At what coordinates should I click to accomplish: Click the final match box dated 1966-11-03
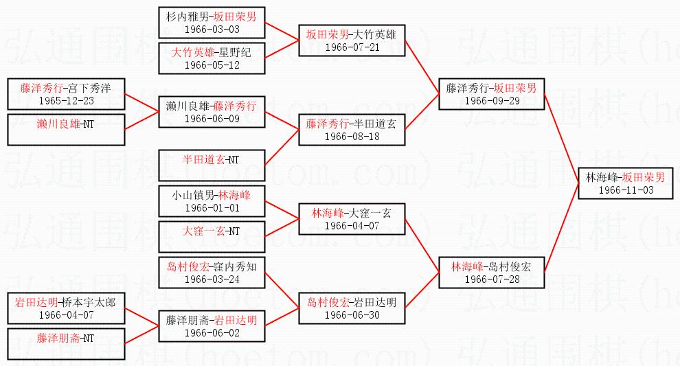(x=624, y=183)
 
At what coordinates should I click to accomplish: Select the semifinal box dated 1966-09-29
(x=491, y=94)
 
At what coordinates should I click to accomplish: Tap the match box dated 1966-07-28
(x=491, y=273)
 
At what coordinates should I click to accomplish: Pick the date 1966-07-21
(x=352, y=47)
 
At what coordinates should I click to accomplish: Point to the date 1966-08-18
(x=352, y=136)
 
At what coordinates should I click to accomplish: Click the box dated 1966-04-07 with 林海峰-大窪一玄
(x=352, y=219)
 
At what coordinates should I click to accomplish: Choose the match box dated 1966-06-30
(x=352, y=308)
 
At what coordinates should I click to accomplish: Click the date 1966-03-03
(x=212, y=29)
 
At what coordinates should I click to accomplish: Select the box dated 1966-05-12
(x=212, y=58)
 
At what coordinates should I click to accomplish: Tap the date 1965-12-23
(x=66, y=100)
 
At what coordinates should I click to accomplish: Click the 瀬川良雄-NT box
(x=66, y=129)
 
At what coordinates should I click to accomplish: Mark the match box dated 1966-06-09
(x=212, y=112)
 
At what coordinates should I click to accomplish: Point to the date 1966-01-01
(x=212, y=207)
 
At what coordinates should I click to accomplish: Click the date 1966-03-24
(x=212, y=279)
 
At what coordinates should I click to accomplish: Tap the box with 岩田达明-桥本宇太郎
(x=66, y=308)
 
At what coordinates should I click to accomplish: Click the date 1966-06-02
(x=212, y=332)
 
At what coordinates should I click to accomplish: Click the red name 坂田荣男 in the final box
(x=644, y=177)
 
